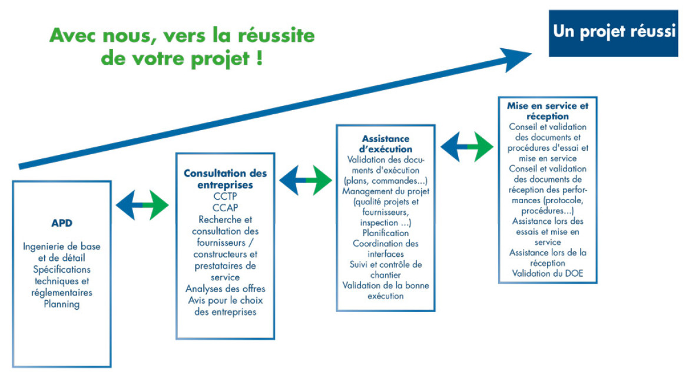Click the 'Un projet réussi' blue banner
pyautogui.click(x=614, y=34)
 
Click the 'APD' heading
pyautogui.click(x=61, y=223)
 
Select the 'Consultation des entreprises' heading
pyautogui.click(x=225, y=179)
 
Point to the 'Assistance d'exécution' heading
pyautogui.click(x=385, y=144)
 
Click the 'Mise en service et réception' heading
pyautogui.click(x=548, y=111)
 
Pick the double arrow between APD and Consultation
pyautogui.click(x=142, y=205)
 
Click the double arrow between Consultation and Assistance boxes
pyautogui.click(x=306, y=180)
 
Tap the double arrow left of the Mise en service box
pyautogui.click(x=466, y=147)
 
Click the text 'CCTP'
pyautogui.click(x=225, y=196)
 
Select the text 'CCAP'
pyautogui.click(x=225, y=207)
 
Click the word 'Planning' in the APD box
pyautogui.click(x=61, y=304)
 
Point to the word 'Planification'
pyautogui.click(x=385, y=233)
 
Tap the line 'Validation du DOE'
pyautogui.click(x=548, y=273)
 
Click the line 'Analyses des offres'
pyautogui.click(x=225, y=289)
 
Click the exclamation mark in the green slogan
pyautogui.click(x=259, y=58)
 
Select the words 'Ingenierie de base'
pyautogui.click(x=61, y=247)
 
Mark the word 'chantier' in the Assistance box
pyautogui.click(x=385, y=275)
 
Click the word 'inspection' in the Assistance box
pyautogui.click(x=379, y=223)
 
